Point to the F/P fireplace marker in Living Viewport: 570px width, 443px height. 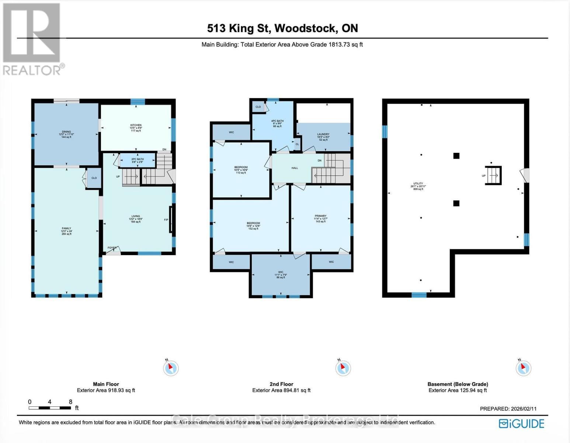[x=166, y=220]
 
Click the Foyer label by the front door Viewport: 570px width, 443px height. [x=112, y=248]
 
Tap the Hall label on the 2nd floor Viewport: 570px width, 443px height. [x=295, y=168]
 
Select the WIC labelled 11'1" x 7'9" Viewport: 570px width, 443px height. [x=281, y=274]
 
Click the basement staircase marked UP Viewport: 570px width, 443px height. [x=493, y=175]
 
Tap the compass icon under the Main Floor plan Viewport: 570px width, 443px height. [x=171, y=368]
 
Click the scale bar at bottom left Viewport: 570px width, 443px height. [x=50, y=408]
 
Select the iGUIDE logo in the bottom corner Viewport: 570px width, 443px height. [x=521, y=423]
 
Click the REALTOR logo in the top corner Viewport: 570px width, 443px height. [x=32, y=39]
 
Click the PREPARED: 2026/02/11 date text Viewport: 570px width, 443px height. [x=508, y=409]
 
